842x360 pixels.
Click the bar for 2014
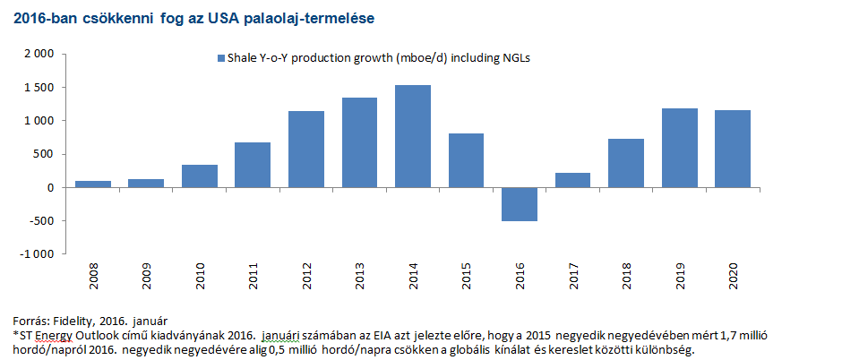point(413,136)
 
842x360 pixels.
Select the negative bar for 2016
point(520,204)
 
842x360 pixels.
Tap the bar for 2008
point(93,184)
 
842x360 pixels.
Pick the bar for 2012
point(306,150)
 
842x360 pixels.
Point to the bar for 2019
point(679,148)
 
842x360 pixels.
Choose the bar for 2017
point(572,180)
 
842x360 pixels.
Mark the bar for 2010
point(200,176)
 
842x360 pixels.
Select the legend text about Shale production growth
point(376,58)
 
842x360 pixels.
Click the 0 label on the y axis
point(53,188)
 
